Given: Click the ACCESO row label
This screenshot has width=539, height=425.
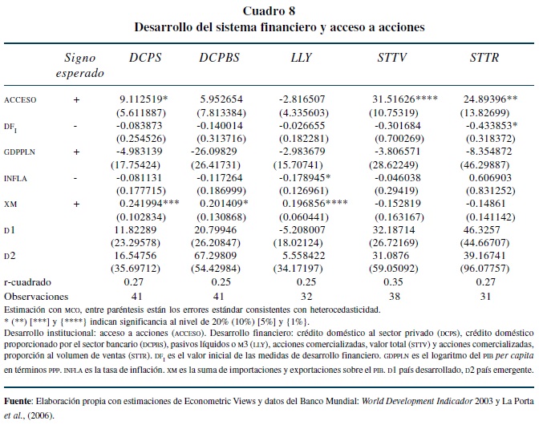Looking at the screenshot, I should [22, 99].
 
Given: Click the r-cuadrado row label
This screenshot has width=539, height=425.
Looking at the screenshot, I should [27, 281].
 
